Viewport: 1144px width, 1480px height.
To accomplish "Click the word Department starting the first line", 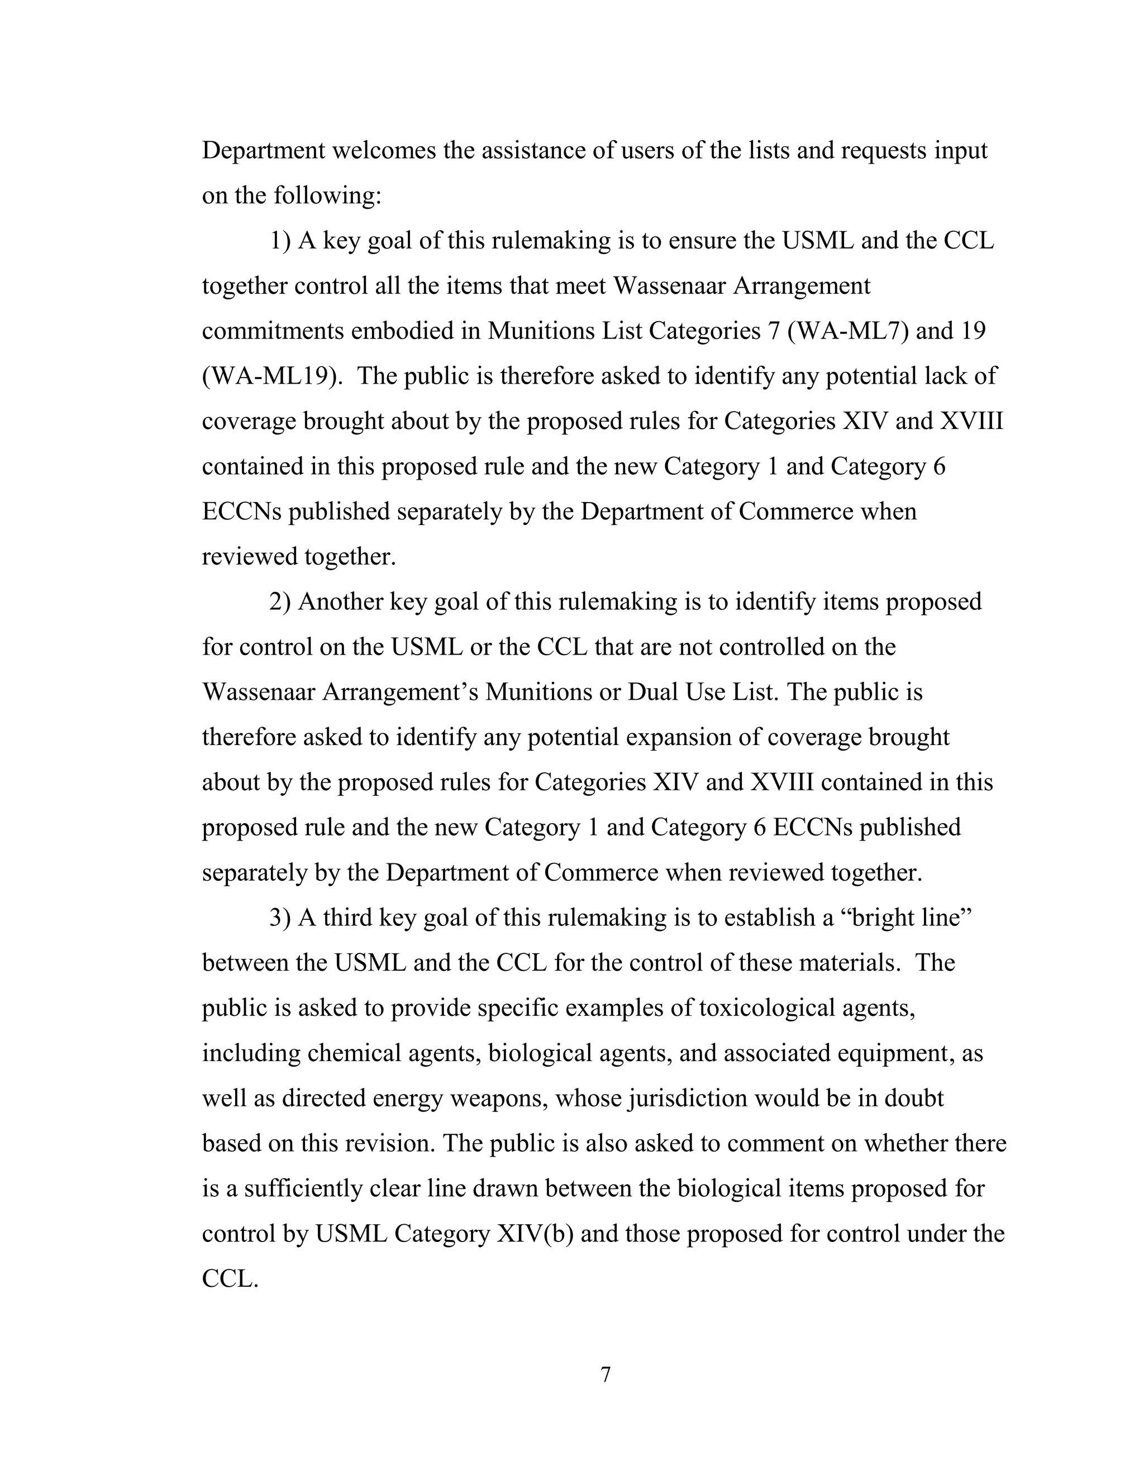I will pyautogui.click(x=264, y=150).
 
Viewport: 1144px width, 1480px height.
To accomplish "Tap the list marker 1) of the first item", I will pyautogui.click(x=280, y=241).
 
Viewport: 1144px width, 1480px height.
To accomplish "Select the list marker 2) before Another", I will pyautogui.click(x=280, y=601).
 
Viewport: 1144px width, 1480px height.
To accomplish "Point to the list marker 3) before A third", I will pyautogui.click(x=280, y=918).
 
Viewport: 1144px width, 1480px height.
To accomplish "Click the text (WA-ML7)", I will pyautogui.click(x=848, y=331).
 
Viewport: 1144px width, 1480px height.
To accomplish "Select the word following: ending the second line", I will pyautogui.click(x=328, y=196).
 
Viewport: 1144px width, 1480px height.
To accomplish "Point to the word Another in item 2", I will pyautogui.click(x=340, y=601).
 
